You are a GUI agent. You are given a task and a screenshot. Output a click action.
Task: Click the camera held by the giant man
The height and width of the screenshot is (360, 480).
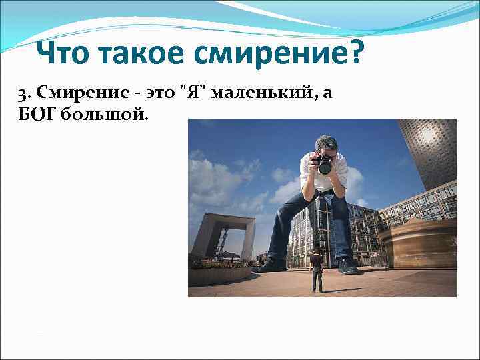click(x=325, y=164)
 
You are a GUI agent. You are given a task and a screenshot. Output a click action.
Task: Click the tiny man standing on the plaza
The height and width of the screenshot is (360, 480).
click(x=317, y=269)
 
